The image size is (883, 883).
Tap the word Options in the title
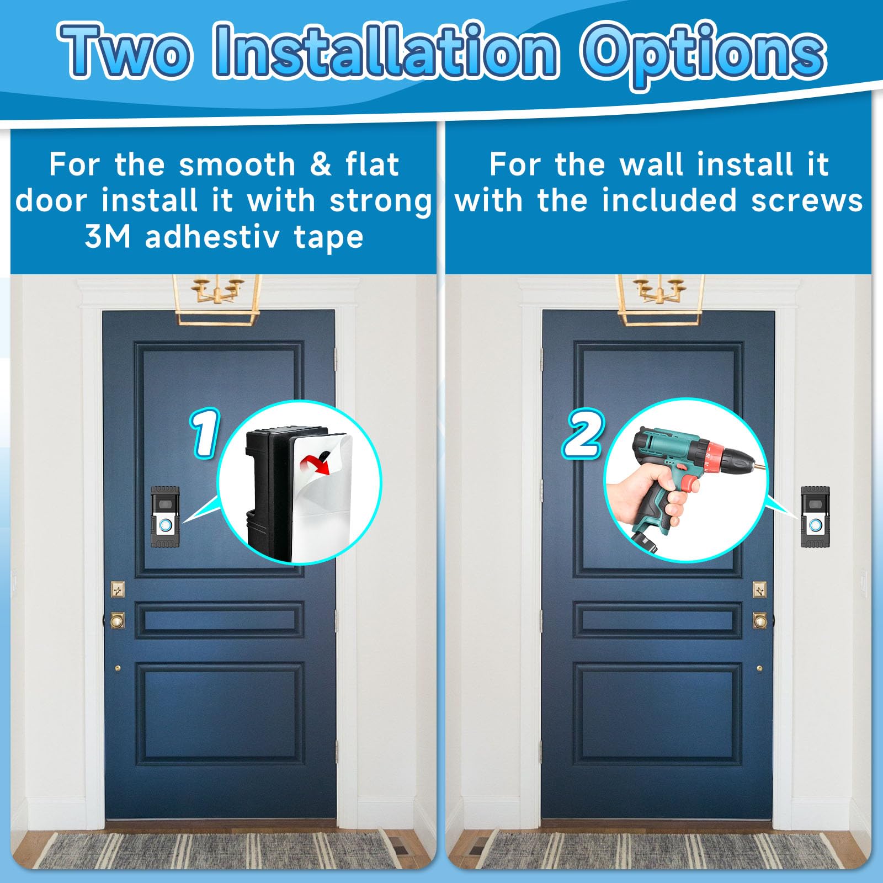tap(703, 53)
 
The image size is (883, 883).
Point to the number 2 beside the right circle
tap(584, 434)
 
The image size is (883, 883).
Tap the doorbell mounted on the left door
tap(165, 517)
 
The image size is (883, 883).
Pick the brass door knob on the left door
tap(118, 620)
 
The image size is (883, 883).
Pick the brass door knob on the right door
tap(759, 620)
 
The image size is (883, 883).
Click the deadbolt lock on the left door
tap(118, 589)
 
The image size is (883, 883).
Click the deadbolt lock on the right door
tap(759, 589)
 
